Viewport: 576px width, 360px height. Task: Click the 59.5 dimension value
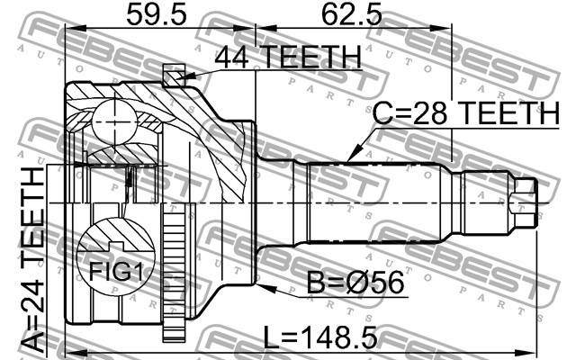[x=157, y=14]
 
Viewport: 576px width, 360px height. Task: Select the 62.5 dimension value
[x=352, y=14]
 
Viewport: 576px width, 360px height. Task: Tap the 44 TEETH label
[x=288, y=57]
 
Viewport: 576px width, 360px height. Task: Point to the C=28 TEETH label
[x=466, y=112]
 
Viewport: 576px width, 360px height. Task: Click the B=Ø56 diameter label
[x=355, y=282]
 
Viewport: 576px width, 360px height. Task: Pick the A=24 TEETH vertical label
[x=32, y=260]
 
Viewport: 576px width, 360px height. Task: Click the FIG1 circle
[x=116, y=256]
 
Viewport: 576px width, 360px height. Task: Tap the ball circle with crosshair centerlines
[x=115, y=122]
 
